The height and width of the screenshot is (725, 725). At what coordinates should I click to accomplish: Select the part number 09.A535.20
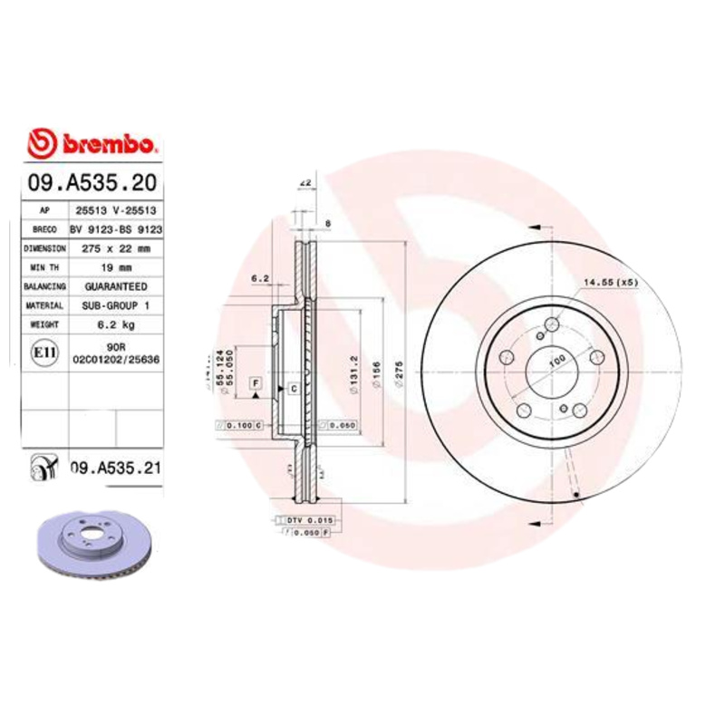click(x=93, y=183)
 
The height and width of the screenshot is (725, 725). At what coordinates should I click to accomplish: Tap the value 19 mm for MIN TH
click(x=117, y=267)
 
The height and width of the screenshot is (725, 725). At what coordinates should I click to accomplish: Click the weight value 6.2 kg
click(x=117, y=324)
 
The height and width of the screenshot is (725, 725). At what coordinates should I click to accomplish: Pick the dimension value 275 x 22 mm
click(x=117, y=247)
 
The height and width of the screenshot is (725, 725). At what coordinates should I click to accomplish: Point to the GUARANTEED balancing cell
click(x=117, y=286)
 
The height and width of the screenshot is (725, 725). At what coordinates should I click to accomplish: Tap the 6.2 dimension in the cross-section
click(x=260, y=278)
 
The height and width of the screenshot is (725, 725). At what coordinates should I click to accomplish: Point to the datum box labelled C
click(x=294, y=389)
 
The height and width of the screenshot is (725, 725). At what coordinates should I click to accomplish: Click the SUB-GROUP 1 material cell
click(x=117, y=305)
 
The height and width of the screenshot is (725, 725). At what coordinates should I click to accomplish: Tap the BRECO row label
click(x=44, y=229)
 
